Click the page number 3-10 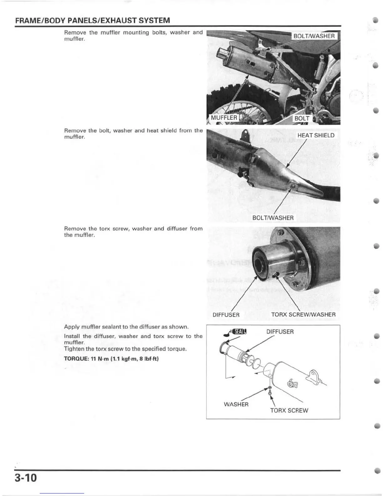point(25,478)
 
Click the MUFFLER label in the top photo point(224,118)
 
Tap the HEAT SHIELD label point(315,135)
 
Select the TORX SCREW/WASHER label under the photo point(303,314)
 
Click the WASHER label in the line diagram point(236,404)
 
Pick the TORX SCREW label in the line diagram point(289,410)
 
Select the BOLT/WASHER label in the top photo point(314,36)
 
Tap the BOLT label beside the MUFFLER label point(302,118)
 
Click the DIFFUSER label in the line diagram point(280,332)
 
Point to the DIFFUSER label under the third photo point(226,315)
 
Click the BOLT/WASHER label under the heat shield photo point(273,218)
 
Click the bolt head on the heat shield point(293,187)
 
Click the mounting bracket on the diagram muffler point(314,375)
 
